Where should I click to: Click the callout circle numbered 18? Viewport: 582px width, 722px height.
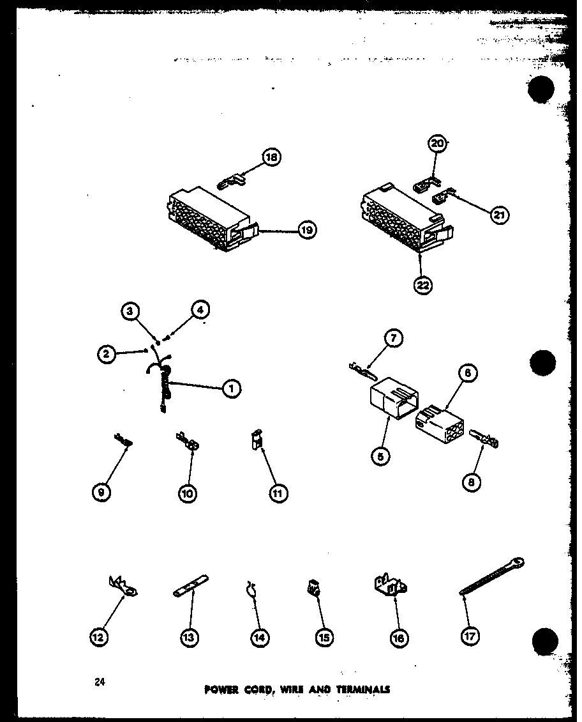pyautogui.click(x=272, y=157)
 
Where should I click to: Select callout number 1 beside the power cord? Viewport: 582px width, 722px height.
pyautogui.click(x=232, y=388)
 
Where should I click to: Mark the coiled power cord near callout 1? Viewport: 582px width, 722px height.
pyautogui.click(x=163, y=383)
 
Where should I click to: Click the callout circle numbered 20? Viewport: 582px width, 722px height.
pyautogui.click(x=438, y=144)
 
